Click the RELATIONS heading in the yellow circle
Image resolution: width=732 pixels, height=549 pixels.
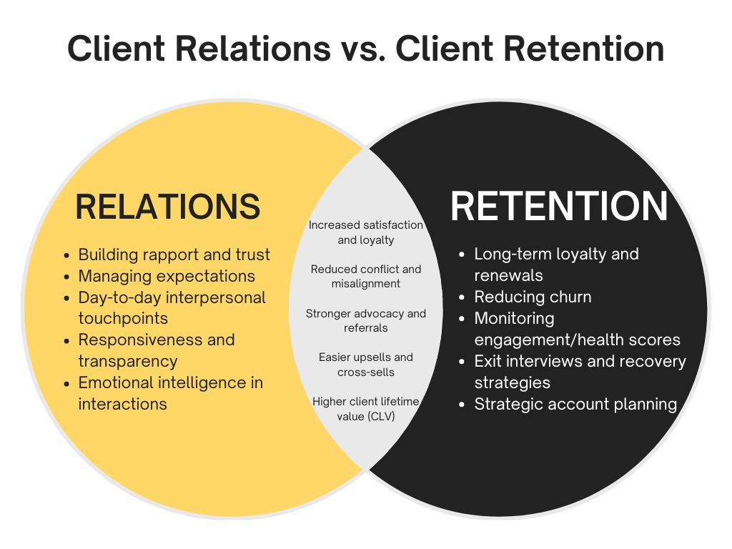click(167, 207)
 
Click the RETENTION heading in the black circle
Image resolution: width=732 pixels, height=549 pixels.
click(559, 207)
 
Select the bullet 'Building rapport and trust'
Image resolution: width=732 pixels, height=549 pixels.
click(174, 254)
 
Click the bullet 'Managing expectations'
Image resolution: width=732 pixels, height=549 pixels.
click(166, 276)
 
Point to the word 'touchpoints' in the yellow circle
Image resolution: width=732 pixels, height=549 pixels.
click(123, 318)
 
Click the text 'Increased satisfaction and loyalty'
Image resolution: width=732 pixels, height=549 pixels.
click(366, 232)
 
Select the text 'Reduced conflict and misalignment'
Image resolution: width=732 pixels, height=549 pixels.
click(366, 276)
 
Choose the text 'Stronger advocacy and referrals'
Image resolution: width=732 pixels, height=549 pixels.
click(366, 320)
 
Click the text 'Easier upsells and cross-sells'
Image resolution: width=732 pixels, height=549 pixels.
click(366, 364)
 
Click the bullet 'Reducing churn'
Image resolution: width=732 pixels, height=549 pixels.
click(533, 297)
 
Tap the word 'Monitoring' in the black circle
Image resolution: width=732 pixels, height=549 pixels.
click(514, 318)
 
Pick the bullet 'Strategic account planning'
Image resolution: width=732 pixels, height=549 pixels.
click(575, 404)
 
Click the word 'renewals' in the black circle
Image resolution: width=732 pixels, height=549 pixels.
click(508, 275)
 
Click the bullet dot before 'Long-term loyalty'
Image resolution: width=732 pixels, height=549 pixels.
click(462, 254)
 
